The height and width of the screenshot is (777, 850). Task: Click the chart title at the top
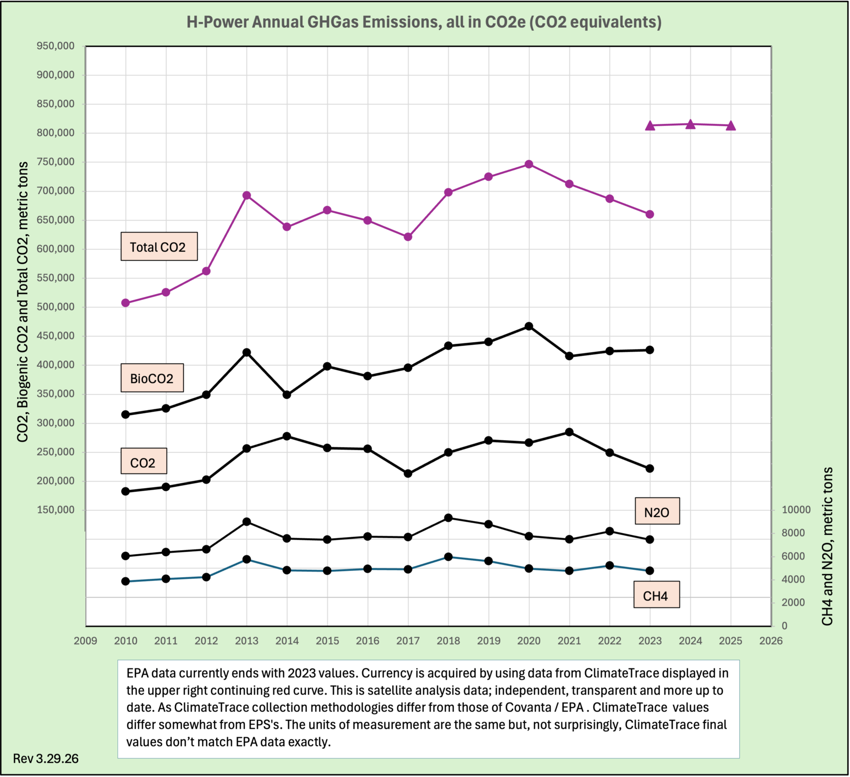pyautogui.click(x=424, y=22)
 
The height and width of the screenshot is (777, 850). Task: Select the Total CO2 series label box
pyautogui.click(x=159, y=246)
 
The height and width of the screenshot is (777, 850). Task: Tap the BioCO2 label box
pyautogui.click(x=152, y=378)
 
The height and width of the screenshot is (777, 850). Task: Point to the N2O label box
pyautogui.click(x=657, y=512)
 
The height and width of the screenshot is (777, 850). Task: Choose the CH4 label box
pyautogui.click(x=656, y=595)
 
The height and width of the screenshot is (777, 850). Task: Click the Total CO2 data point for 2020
pyautogui.click(x=529, y=164)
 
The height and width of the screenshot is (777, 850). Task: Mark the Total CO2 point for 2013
pyautogui.click(x=247, y=195)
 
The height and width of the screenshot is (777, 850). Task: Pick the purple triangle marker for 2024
pyautogui.click(x=690, y=124)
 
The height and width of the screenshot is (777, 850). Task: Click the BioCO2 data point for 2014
pyautogui.click(x=287, y=395)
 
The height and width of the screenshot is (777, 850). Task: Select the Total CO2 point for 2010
pyautogui.click(x=125, y=303)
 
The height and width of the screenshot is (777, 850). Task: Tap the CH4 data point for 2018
pyautogui.click(x=448, y=557)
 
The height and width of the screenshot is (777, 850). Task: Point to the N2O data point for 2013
pyautogui.click(x=247, y=522)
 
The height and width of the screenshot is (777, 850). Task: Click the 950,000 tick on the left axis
pyautogui.click(x=55, y=46)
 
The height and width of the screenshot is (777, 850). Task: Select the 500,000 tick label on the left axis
pyautogui.click(x=55, y=307)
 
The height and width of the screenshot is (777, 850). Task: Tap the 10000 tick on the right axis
pyautogui.click(x=796, y=510)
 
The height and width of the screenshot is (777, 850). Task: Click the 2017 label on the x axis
pyautogui.click(x=408, y=641)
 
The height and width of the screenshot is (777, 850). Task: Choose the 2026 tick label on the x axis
pyautogui.click(x=771, y=641)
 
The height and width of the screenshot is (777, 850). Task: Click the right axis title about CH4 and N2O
pyautogui.click(x=827, y=546)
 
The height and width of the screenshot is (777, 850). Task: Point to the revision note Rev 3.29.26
pyautogui.click(x=46, y=758)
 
